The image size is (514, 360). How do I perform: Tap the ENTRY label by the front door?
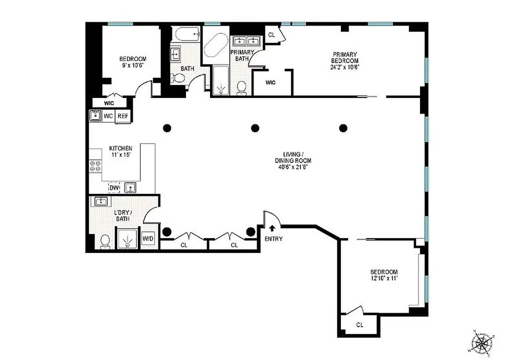[x=273, y=239]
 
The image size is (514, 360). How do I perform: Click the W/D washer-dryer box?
[x=148, y=239]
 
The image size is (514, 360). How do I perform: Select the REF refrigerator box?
[x=123, y=116]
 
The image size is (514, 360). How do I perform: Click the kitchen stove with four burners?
[x=95, y=167]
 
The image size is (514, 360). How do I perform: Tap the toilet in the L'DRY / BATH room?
[x=105, y=242]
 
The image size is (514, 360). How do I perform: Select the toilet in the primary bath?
[x=242, y=87]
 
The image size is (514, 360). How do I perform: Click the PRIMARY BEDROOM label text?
[x=345, y=58]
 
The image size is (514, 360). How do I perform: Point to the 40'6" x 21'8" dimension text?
[x=293, y=167]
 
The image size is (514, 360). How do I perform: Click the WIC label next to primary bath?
[x=270, y=82]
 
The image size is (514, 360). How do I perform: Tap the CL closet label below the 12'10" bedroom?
[x=360, y=324]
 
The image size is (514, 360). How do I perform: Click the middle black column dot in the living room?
[x=255, y=128]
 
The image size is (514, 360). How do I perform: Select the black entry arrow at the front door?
[x=272, y=229]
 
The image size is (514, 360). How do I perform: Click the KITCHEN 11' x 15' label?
[x=121, y=151]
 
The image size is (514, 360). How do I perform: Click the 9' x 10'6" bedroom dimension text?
[x=132, y=65]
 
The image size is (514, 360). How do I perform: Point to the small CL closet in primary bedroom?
[x=272, y=35]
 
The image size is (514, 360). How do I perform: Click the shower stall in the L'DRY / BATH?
[x=128, y=238]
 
